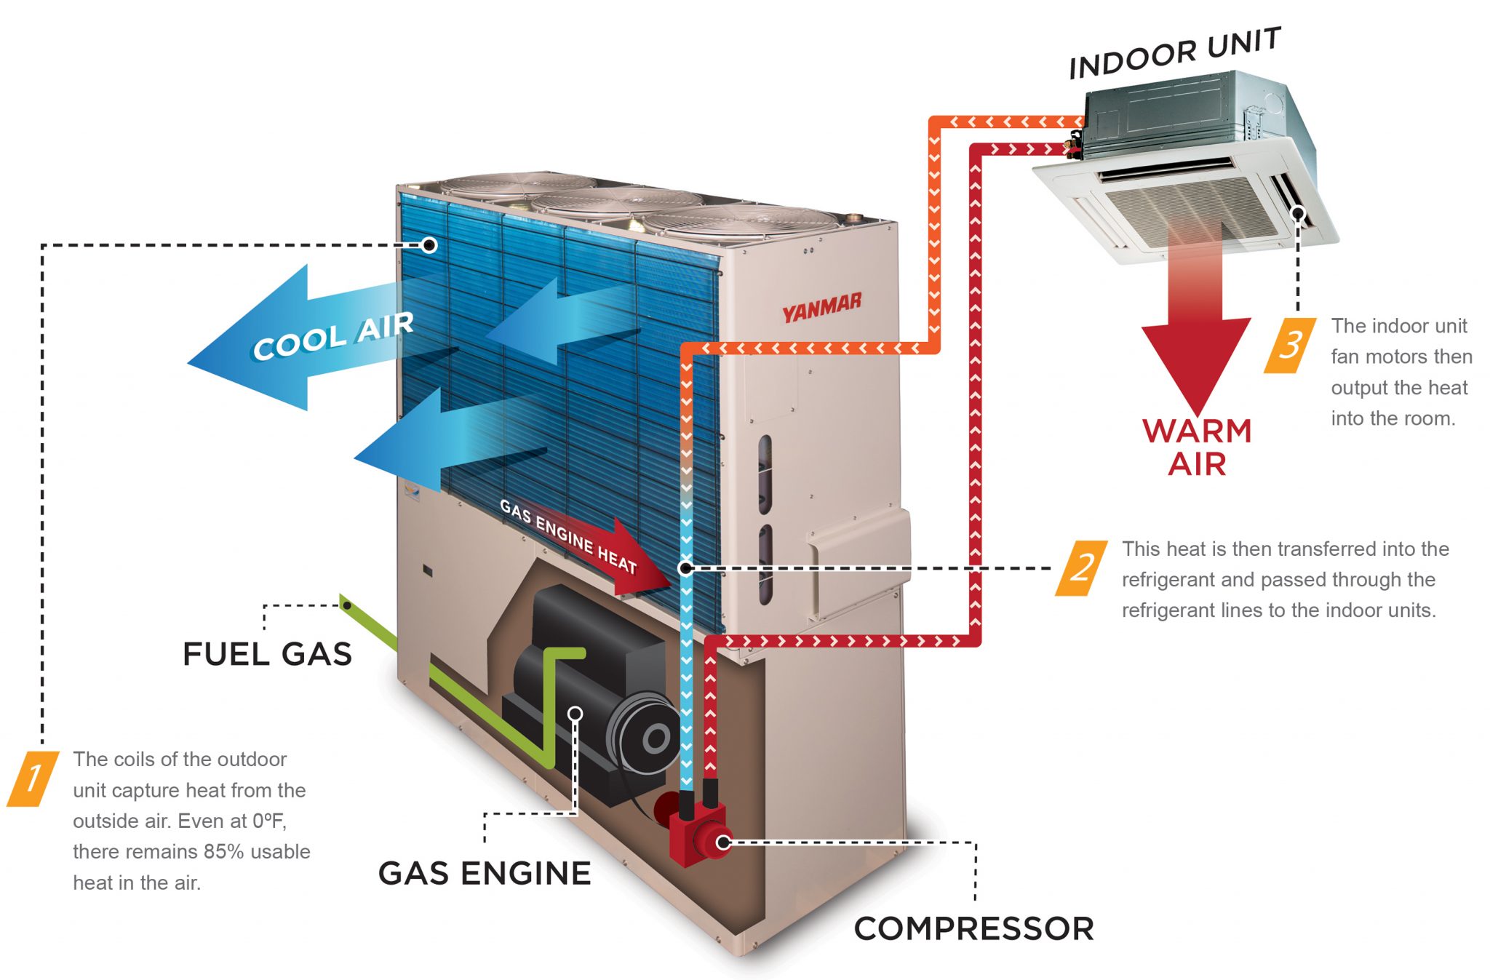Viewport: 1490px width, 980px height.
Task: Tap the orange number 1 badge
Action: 33,778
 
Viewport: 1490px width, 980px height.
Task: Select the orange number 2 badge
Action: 1082,568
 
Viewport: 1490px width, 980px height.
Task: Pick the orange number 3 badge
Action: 1290,345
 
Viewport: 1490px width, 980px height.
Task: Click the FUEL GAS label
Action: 267,654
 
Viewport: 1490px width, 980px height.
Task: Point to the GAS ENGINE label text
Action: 485,873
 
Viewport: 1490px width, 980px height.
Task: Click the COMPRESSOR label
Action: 973,929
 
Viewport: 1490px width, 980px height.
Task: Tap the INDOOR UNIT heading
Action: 1174,52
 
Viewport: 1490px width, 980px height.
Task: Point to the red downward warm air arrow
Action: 1196,342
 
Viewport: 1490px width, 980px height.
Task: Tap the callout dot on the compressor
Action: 723,842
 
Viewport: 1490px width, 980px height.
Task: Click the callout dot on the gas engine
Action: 575,714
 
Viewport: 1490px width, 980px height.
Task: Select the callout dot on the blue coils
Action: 429,245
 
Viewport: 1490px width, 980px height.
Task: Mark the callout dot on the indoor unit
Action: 1298,213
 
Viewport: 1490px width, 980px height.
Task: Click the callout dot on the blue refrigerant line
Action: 685,568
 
